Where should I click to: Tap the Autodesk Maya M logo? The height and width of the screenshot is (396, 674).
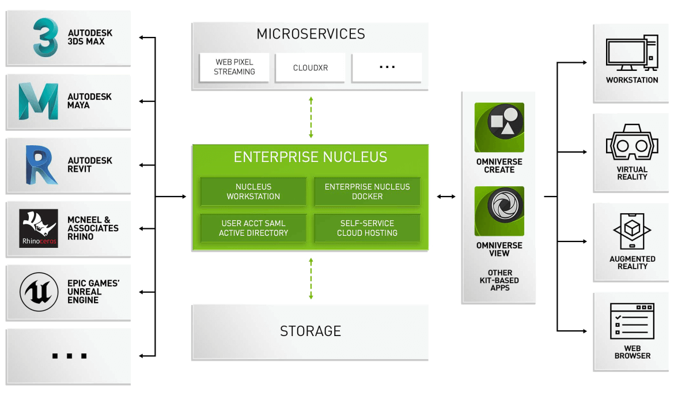pyautogui.click(x=38, y=101)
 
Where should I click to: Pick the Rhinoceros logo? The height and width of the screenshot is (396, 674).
pyautogui.click(x=39, y=228)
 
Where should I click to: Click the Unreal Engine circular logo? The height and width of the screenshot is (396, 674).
pyautogui.click(x=39, y=292)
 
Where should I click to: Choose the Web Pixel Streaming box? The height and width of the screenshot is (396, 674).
pyautogui.click(x=234, y=67)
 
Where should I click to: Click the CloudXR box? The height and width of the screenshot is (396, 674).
pyautogui.click(x=311, y=67)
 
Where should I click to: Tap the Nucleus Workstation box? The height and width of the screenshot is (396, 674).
pyautogui.click(x=253, y=191)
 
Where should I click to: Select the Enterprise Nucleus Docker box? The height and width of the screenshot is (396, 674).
pyautogui.click(x=367, y=191)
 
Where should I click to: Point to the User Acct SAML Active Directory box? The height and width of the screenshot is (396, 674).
pyautogui.click(x=253, y=228)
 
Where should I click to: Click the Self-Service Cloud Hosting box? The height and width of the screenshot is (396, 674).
pyautogui.click(x=367, y=228)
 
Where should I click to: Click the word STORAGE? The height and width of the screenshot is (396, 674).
pyautogui.click(x=311, y=331)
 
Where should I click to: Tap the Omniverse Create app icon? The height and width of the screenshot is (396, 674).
pyautogui.click(x=499, y=127)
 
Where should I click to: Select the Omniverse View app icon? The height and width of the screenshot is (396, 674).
pyautogui.click(x=499, y=211)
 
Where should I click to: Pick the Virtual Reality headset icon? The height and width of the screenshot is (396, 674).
pyautogui.click(x=632, y=145)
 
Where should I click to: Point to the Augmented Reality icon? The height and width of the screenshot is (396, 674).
pyautogui.click(x=632, y=232)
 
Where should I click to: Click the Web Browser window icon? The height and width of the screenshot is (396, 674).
pyautogui.click(x=632, y=321)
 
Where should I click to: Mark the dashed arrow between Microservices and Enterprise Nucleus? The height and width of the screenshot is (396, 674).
pyautogui.click(x=311, y=117)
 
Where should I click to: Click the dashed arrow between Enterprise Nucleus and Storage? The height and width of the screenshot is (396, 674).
pyautogui.click(x=311, y=278)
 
